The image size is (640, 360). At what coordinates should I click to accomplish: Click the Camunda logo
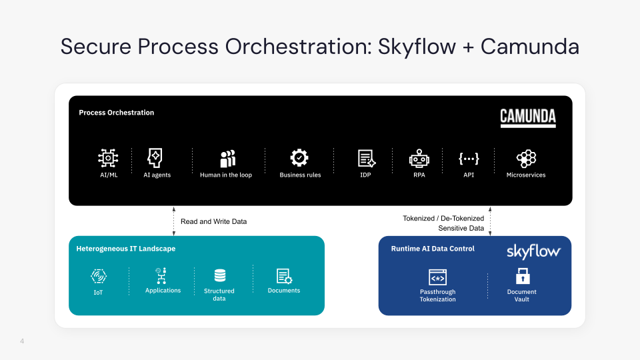[x=528, y=118]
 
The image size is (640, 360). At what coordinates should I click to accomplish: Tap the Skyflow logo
[x=533, y=251]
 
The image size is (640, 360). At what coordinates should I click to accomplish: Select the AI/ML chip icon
[x=108, y=158]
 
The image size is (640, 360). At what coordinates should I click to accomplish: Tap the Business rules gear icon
[x=299, y=158]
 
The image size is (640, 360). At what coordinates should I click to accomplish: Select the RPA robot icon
[x=419, y=158]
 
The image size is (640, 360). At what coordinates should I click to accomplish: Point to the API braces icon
[x=468, y=158]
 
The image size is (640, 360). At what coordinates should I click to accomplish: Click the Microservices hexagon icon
[x=526, y=158]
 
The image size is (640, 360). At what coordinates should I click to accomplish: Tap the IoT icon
[x=99, y=276]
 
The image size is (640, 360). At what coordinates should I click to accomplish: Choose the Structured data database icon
[x=219, y=275]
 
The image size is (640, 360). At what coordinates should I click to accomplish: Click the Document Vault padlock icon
[x=522, y=276]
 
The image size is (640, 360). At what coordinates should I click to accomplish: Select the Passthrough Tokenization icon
[x=437, y=277]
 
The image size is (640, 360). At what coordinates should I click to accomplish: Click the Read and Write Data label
[x=213, y=221]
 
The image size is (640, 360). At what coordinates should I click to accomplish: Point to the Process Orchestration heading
[x=116, y=113]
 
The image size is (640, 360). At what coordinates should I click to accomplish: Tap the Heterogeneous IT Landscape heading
[x=125, y=249]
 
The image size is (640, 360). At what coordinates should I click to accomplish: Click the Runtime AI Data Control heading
[x=433, y=249]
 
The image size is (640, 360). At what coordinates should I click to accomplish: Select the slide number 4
[x=22, y=342]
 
